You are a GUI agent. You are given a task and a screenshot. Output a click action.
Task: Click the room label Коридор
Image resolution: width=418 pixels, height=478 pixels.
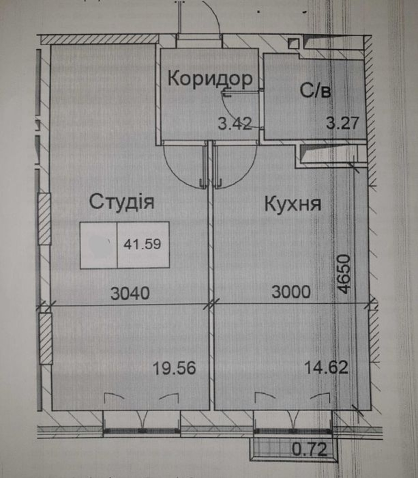(x=210, y=79)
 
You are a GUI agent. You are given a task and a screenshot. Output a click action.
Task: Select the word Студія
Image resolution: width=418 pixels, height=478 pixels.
(x=122, y=202)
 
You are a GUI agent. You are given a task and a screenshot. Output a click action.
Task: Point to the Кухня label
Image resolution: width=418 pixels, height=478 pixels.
(x=293, y=204)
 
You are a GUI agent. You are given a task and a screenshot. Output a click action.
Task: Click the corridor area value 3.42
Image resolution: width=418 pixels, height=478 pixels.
(x=235, y=123)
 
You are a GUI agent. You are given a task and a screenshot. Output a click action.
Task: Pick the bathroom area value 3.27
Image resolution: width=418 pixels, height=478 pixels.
(x=342, y=123)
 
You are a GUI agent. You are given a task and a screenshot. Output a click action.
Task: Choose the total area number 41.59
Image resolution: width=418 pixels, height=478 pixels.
(x=142, y=244)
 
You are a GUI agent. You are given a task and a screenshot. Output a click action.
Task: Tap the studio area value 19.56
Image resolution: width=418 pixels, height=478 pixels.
(x=174, y=368)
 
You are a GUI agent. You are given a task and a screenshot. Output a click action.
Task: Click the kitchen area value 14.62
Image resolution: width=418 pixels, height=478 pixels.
(x=326, y=367)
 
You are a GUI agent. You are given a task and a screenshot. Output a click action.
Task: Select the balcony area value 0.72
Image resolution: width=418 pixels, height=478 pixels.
(x=310, y=450)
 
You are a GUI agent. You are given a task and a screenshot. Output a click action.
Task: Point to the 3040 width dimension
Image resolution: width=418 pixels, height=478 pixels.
(x=130, y=293)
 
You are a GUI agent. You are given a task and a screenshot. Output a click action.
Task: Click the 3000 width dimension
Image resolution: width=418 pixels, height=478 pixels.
(x=291, y=292)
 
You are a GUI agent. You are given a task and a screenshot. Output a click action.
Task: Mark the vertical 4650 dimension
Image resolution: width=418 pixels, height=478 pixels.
(x=344, y=274)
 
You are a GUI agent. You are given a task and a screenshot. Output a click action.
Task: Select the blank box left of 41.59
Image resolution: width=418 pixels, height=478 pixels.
(x=99, y=245)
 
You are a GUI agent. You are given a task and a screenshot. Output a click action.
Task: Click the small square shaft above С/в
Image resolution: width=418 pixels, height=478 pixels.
(x=294, y=44)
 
